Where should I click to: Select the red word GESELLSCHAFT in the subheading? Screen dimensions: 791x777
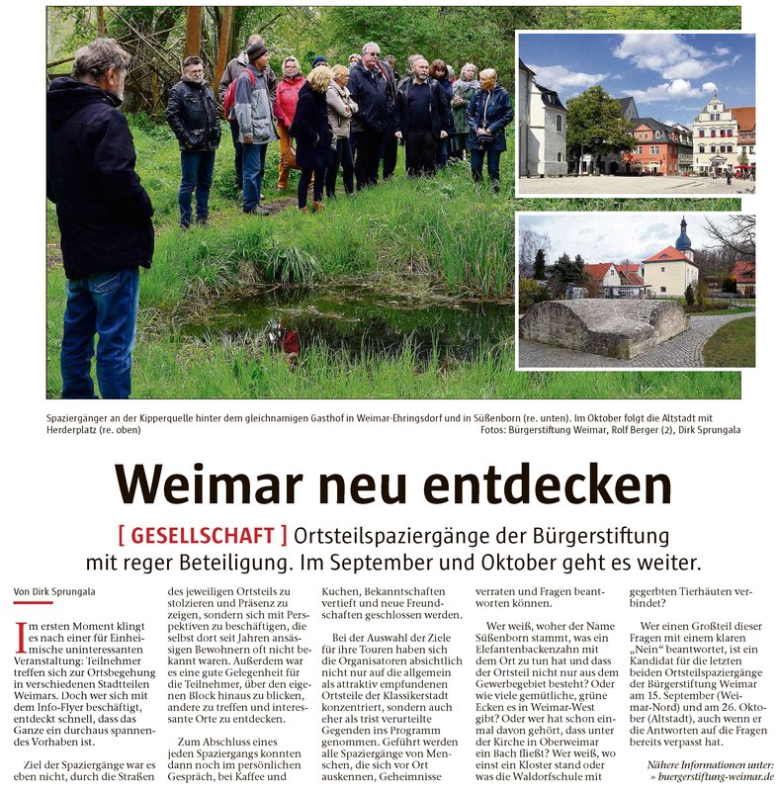point(203,536)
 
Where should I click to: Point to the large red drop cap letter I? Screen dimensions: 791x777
point(21,637)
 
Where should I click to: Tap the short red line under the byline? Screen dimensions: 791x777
point(33,602)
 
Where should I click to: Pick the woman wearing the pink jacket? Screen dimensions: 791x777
point(290,109)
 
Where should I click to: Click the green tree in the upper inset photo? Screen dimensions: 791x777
point(597,124)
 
